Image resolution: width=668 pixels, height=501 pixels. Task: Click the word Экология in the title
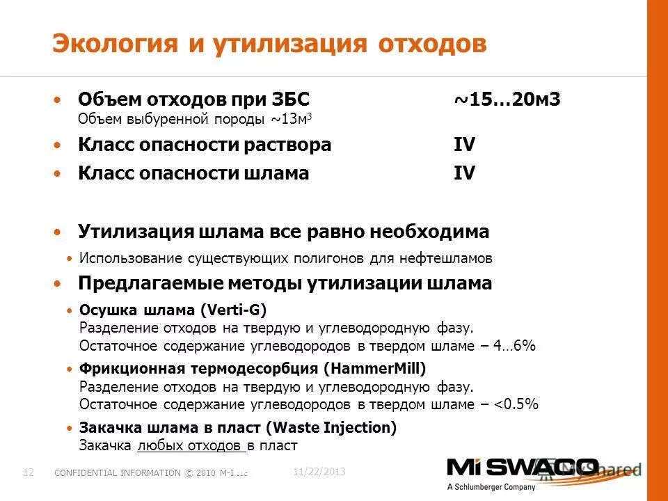(112, 44)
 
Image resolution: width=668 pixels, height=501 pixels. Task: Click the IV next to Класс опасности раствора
(464, 145)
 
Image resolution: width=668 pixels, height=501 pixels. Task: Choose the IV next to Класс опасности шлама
(464, 173)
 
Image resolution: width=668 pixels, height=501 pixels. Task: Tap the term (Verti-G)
(234, 309)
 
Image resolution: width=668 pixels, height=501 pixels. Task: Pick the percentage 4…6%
(514, 345)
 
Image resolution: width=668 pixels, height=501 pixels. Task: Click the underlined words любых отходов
(191, 445)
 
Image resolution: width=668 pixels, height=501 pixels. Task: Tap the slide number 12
(29, 472)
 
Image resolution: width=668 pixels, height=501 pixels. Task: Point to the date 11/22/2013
(319, 472)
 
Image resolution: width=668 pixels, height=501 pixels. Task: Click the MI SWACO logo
(522, 468)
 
